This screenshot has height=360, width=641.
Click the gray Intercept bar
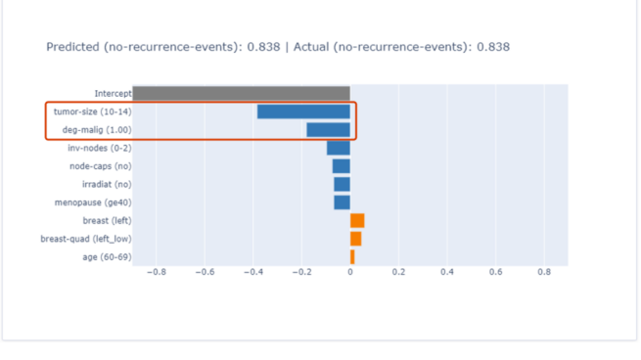(x=241, y=93)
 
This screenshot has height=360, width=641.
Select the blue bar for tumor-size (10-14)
(x=303, y=112)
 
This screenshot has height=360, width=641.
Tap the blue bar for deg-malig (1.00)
(x=328, y=129)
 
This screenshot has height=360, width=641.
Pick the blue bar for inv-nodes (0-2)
(x=339, y=148)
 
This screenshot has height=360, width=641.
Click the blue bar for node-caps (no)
(x=341, y=166)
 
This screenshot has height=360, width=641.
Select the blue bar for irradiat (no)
(x=342, y=184)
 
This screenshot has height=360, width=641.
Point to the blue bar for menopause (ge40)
(x=342, y=202)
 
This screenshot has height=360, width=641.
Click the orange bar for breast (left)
(x=357, y=220)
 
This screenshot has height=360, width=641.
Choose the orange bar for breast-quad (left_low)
(x=355, y=239)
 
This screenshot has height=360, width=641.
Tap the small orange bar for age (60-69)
(x=352, y=256)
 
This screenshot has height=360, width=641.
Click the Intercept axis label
(x=113, y=94)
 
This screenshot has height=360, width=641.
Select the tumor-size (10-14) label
(x=92, y=112)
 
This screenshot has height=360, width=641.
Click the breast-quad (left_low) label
(x=85, y=239)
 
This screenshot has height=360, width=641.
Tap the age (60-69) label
(x=107, y=256)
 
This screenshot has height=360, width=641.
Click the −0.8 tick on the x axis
(x=155, y=273)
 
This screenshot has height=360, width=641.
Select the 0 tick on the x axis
(x=350, y=273)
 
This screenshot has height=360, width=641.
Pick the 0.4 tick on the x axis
(x=446, y=273)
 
